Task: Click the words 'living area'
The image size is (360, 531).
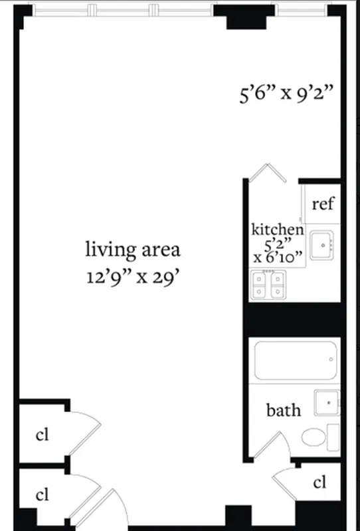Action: (x=133, y=250)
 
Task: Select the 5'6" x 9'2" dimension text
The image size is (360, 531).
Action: (x=286, y=93)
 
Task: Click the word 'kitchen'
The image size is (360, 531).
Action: (x=278, y=230)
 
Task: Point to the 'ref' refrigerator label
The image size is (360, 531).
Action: (x=323, y=204)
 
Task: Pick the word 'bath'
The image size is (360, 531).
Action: (x=284, y=410)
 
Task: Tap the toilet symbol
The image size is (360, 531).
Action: (x=315, y=437)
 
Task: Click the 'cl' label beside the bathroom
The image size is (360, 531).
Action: (x=319, y=482)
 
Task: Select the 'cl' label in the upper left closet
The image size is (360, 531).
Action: (x=43, y=435)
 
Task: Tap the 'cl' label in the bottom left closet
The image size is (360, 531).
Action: (x=43, y=494)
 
